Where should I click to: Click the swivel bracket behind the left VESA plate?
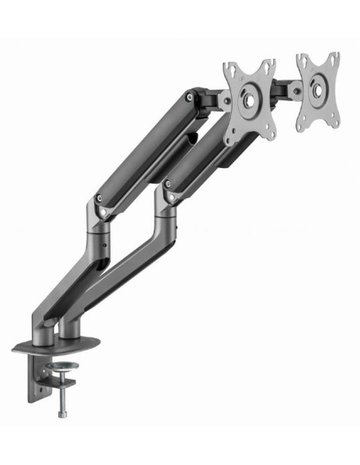coord(210,100)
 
